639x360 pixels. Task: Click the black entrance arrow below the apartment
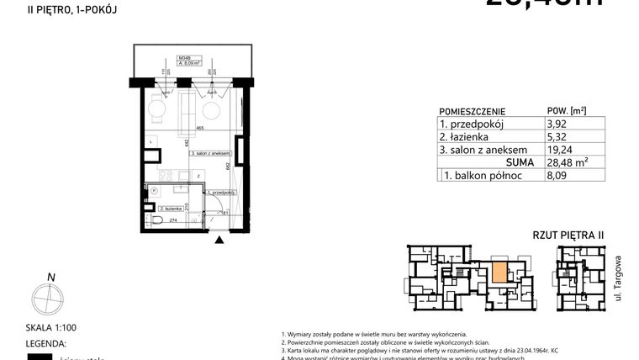pyautogui.click(x=219, y=241)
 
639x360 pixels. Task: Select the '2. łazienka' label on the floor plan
pyautogui.click(x=161, y=206)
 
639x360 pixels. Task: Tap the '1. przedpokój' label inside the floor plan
pyautogui.click(x=223, y=193)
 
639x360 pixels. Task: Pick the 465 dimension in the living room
pyautogui.click(x=200, y=129)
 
